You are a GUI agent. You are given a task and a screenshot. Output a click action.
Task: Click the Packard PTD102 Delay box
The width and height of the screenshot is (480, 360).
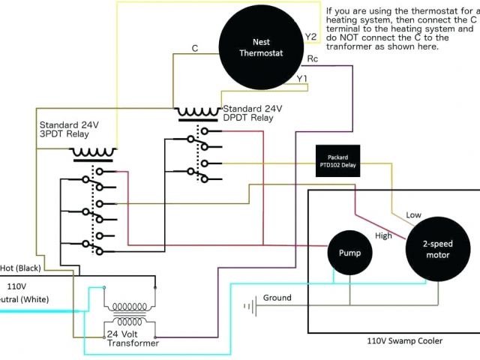click(x=338, y=161)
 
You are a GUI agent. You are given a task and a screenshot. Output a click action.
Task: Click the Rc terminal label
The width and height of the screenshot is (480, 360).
click(x=313, y=58)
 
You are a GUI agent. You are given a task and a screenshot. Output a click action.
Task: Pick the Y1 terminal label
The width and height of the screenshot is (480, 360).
click(x=301, y=78)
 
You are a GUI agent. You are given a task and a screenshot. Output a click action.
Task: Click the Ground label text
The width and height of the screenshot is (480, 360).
click(x=277, y=298)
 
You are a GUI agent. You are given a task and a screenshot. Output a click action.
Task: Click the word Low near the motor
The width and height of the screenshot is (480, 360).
click(x=414, y=215)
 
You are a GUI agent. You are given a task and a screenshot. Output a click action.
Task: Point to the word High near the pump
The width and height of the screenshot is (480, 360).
click(x=384, y=235)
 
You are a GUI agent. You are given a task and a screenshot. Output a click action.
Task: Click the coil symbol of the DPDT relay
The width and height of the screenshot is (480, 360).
click(x=199, y=113)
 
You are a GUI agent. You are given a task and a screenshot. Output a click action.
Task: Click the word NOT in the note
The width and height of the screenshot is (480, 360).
click(x=355, y=37)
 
